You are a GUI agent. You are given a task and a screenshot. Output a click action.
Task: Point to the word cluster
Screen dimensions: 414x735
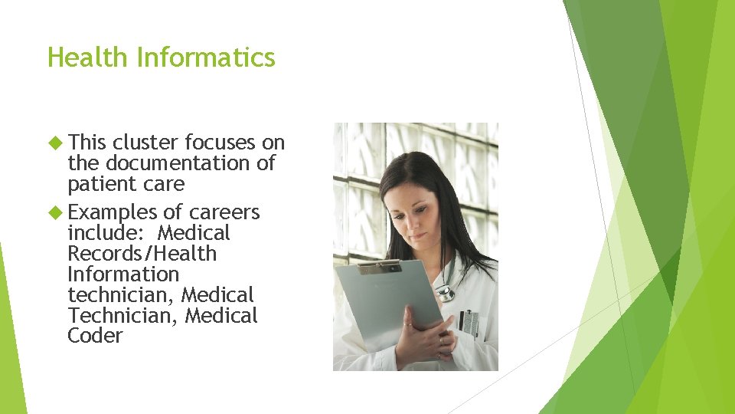[145, 143]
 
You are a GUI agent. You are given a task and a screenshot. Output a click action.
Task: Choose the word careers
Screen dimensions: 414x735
[224, 212]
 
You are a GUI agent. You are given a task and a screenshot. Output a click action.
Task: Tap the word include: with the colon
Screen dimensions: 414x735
[107, 233]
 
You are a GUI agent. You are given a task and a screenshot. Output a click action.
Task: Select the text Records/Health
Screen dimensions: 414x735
[142, 254]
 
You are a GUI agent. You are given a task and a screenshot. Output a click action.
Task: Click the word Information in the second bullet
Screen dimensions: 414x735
[122, 274]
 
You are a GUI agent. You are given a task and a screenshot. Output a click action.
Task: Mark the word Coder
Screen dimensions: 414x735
[95, 336]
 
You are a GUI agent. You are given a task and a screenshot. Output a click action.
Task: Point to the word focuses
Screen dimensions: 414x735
[220, 143]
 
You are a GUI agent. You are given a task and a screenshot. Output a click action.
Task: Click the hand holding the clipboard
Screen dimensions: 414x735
[420, 330]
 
